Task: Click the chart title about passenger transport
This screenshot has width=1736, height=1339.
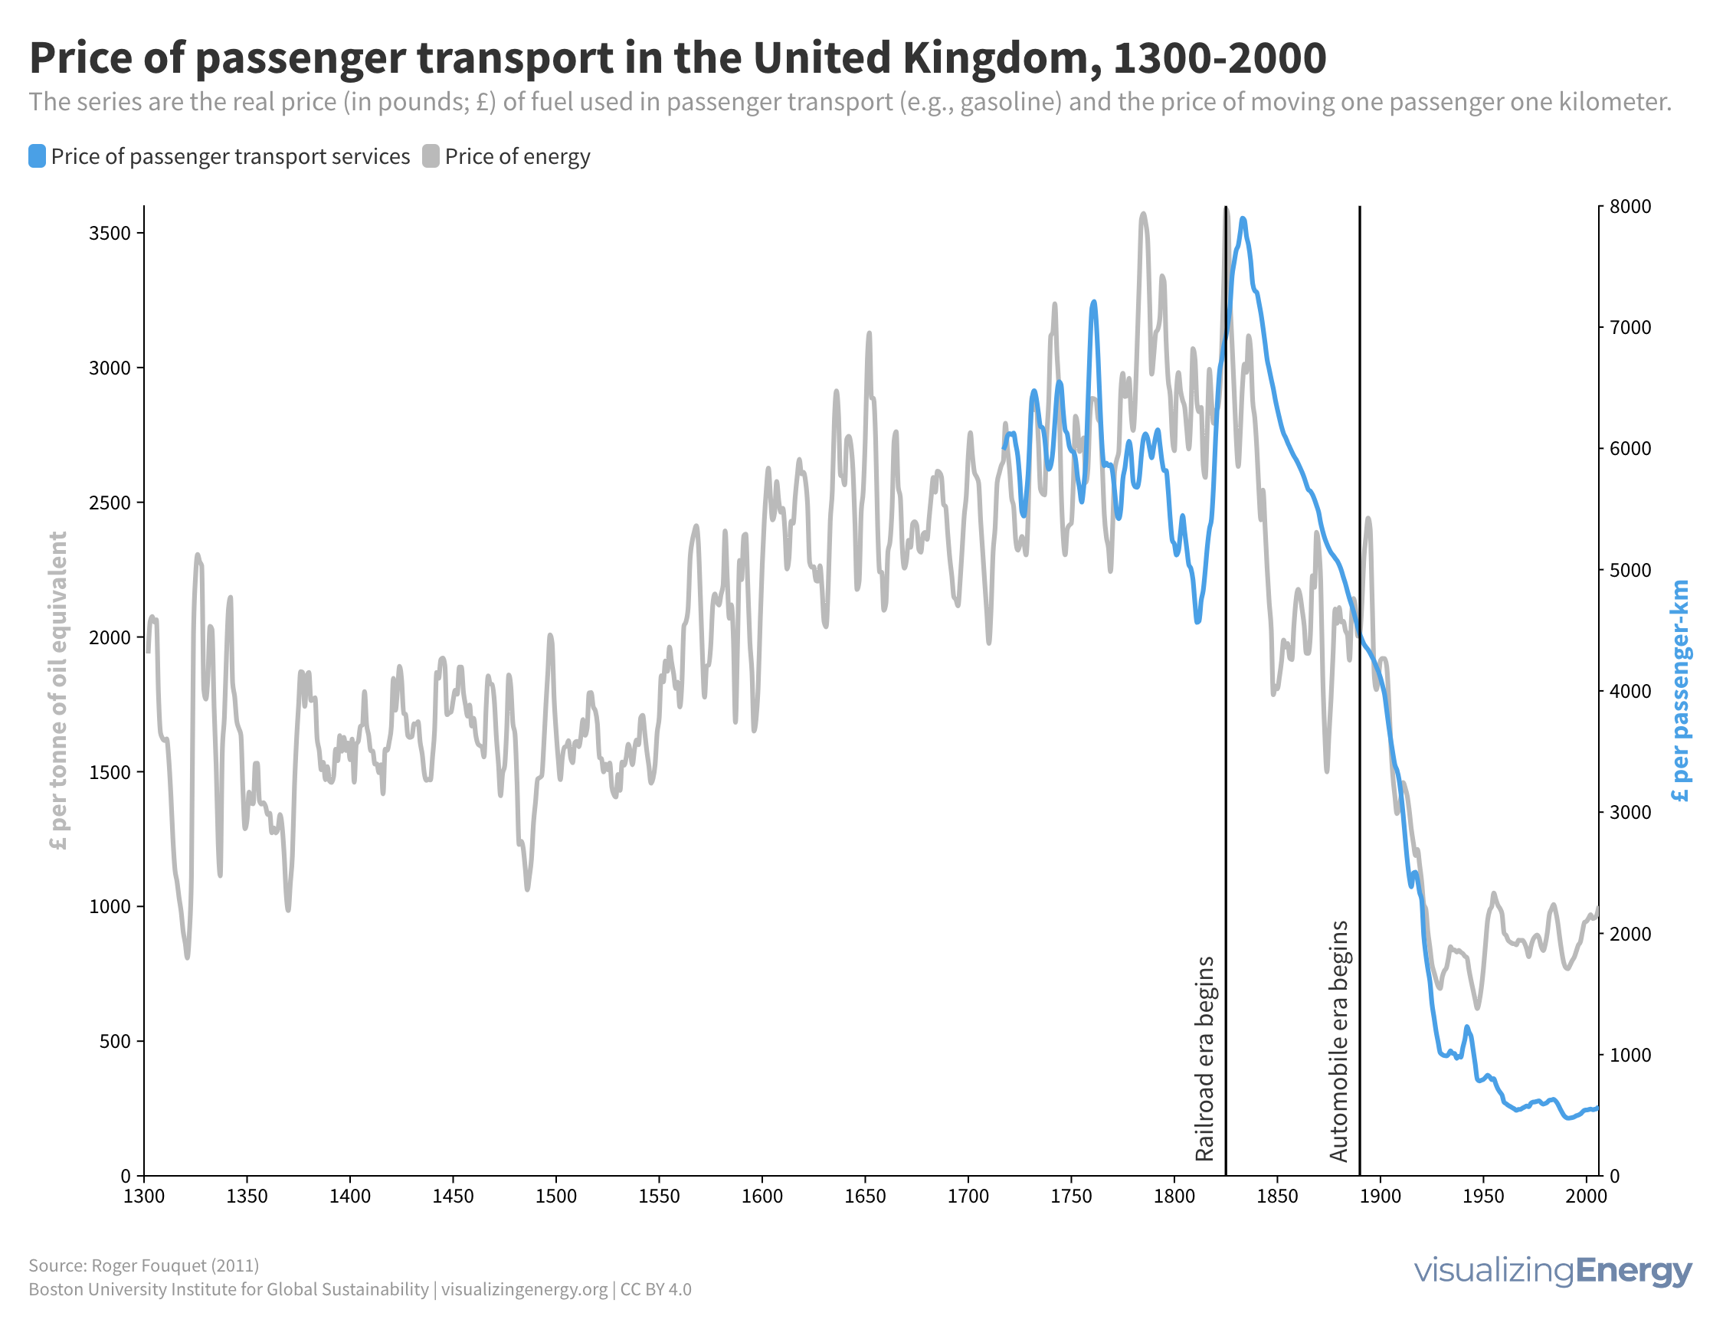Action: (677, 58)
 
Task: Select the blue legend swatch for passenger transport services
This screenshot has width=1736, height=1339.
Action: (37, 156)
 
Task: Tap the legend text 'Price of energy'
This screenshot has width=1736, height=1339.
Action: (516, 156)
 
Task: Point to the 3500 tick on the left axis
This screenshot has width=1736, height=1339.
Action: (110, 234)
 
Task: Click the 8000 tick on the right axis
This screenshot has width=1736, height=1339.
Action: (1630, 207)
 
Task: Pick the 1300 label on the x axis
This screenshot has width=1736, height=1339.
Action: (144, 1197)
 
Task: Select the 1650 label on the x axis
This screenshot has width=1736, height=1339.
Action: (865, 1197)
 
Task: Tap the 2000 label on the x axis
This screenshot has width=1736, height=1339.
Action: (1586, 1197)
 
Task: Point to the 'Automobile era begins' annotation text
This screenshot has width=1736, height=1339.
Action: (1339, 1041)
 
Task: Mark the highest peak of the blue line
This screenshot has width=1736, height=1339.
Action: (1243, 219)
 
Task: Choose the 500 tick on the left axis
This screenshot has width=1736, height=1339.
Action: (115, 1042)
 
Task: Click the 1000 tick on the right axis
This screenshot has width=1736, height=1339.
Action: (1630, 1056)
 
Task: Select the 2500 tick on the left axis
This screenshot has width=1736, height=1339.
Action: (110, 503)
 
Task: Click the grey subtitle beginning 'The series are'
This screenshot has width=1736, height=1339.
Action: (850, 103)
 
